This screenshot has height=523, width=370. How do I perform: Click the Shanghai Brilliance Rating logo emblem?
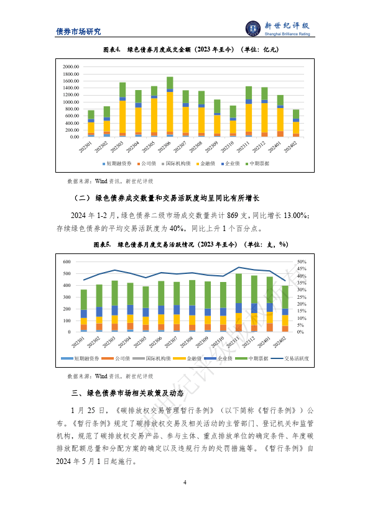252,29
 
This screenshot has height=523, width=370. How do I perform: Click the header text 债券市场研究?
78,32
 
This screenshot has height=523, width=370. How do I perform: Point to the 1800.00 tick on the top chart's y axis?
70,73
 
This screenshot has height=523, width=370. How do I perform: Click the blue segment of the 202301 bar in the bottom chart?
84,314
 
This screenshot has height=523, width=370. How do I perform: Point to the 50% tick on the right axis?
319,261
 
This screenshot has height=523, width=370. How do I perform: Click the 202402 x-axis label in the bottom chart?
284,342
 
